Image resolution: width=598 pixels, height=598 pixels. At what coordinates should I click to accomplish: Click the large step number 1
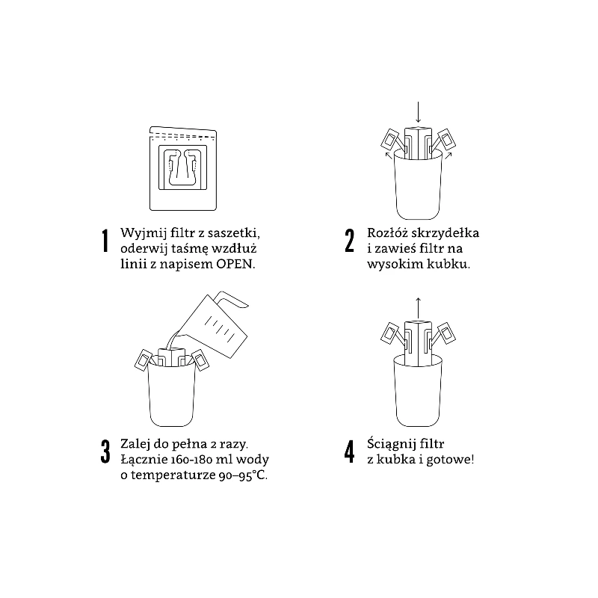pos(105,241)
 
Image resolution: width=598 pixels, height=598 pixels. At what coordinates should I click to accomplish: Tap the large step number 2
pos(349,241)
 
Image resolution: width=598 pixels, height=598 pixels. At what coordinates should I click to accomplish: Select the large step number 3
pos(105,451)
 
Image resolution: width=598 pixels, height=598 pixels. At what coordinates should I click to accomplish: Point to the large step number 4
pos(349,451)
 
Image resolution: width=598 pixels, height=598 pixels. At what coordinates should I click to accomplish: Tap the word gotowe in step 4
pos(450,460)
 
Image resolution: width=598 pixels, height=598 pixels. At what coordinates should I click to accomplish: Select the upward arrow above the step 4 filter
pos(418,308)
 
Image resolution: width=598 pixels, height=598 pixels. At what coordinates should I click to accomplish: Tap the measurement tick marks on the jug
pos(220,328)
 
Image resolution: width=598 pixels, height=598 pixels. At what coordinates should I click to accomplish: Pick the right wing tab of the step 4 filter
pos(446,333)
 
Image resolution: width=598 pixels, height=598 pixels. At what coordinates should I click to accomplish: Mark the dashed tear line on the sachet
pos(183,136)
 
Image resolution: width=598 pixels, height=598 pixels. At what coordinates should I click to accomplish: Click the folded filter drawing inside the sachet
pos(182,167)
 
